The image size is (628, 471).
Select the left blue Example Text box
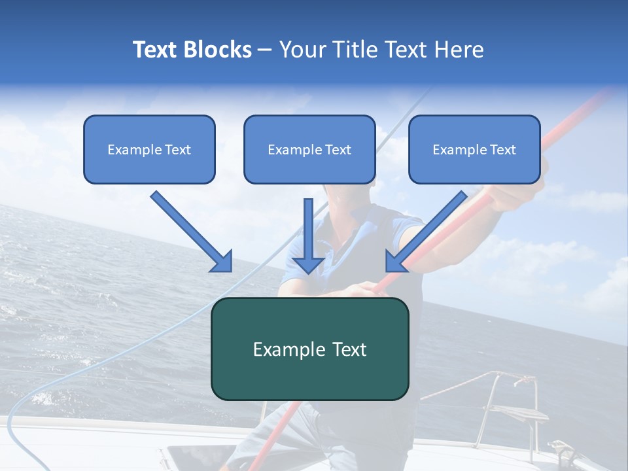click(x=149, y=149)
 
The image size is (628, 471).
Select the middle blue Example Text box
click(x=309, y=149)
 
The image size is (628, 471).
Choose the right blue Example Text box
click(x=474, y=149)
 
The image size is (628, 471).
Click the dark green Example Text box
click(x=309, y=349)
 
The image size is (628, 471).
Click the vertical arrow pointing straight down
click(x=308, y=242)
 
